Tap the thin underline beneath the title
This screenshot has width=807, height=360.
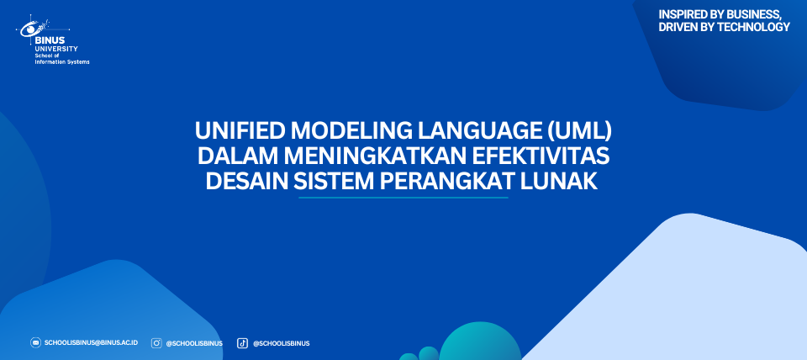click(403, 198)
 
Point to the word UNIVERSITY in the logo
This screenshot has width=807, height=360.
click(56, 49)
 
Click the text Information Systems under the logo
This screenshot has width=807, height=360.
click(61, 61)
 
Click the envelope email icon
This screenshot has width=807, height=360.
click(35, 342)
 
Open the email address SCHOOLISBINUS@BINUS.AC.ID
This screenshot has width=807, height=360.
click(91, 342)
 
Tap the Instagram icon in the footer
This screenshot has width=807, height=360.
click(156, 343)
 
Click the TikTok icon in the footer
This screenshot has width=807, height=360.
click(242, 343)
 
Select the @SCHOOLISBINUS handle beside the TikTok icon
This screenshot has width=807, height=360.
click(281, 343)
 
